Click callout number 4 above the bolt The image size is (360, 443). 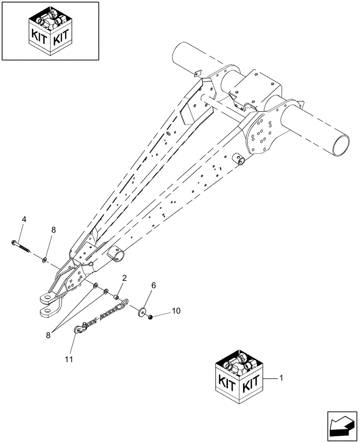tap(24, 219)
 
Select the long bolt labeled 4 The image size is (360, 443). tap(20, 246)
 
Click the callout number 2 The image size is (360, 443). tap(125, 278)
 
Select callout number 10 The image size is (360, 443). tap(176, 311)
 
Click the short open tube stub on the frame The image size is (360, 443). tap(117, 256)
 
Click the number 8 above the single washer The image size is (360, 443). tap(54, 230)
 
